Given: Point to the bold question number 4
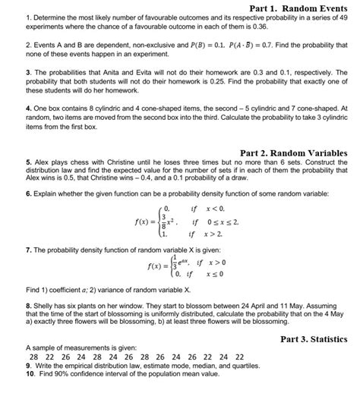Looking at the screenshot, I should pyautogui.click(x=8, y=108).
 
